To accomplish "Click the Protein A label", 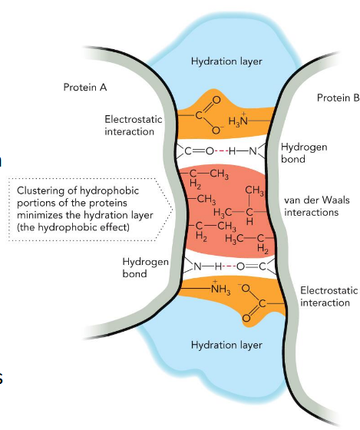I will coord(84,88).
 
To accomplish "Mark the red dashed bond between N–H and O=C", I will coord(223,266).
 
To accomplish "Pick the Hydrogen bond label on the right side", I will coord(300,153).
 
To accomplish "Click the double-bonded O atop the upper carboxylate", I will coord(215,99).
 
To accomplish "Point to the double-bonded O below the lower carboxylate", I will coord(248,314).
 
